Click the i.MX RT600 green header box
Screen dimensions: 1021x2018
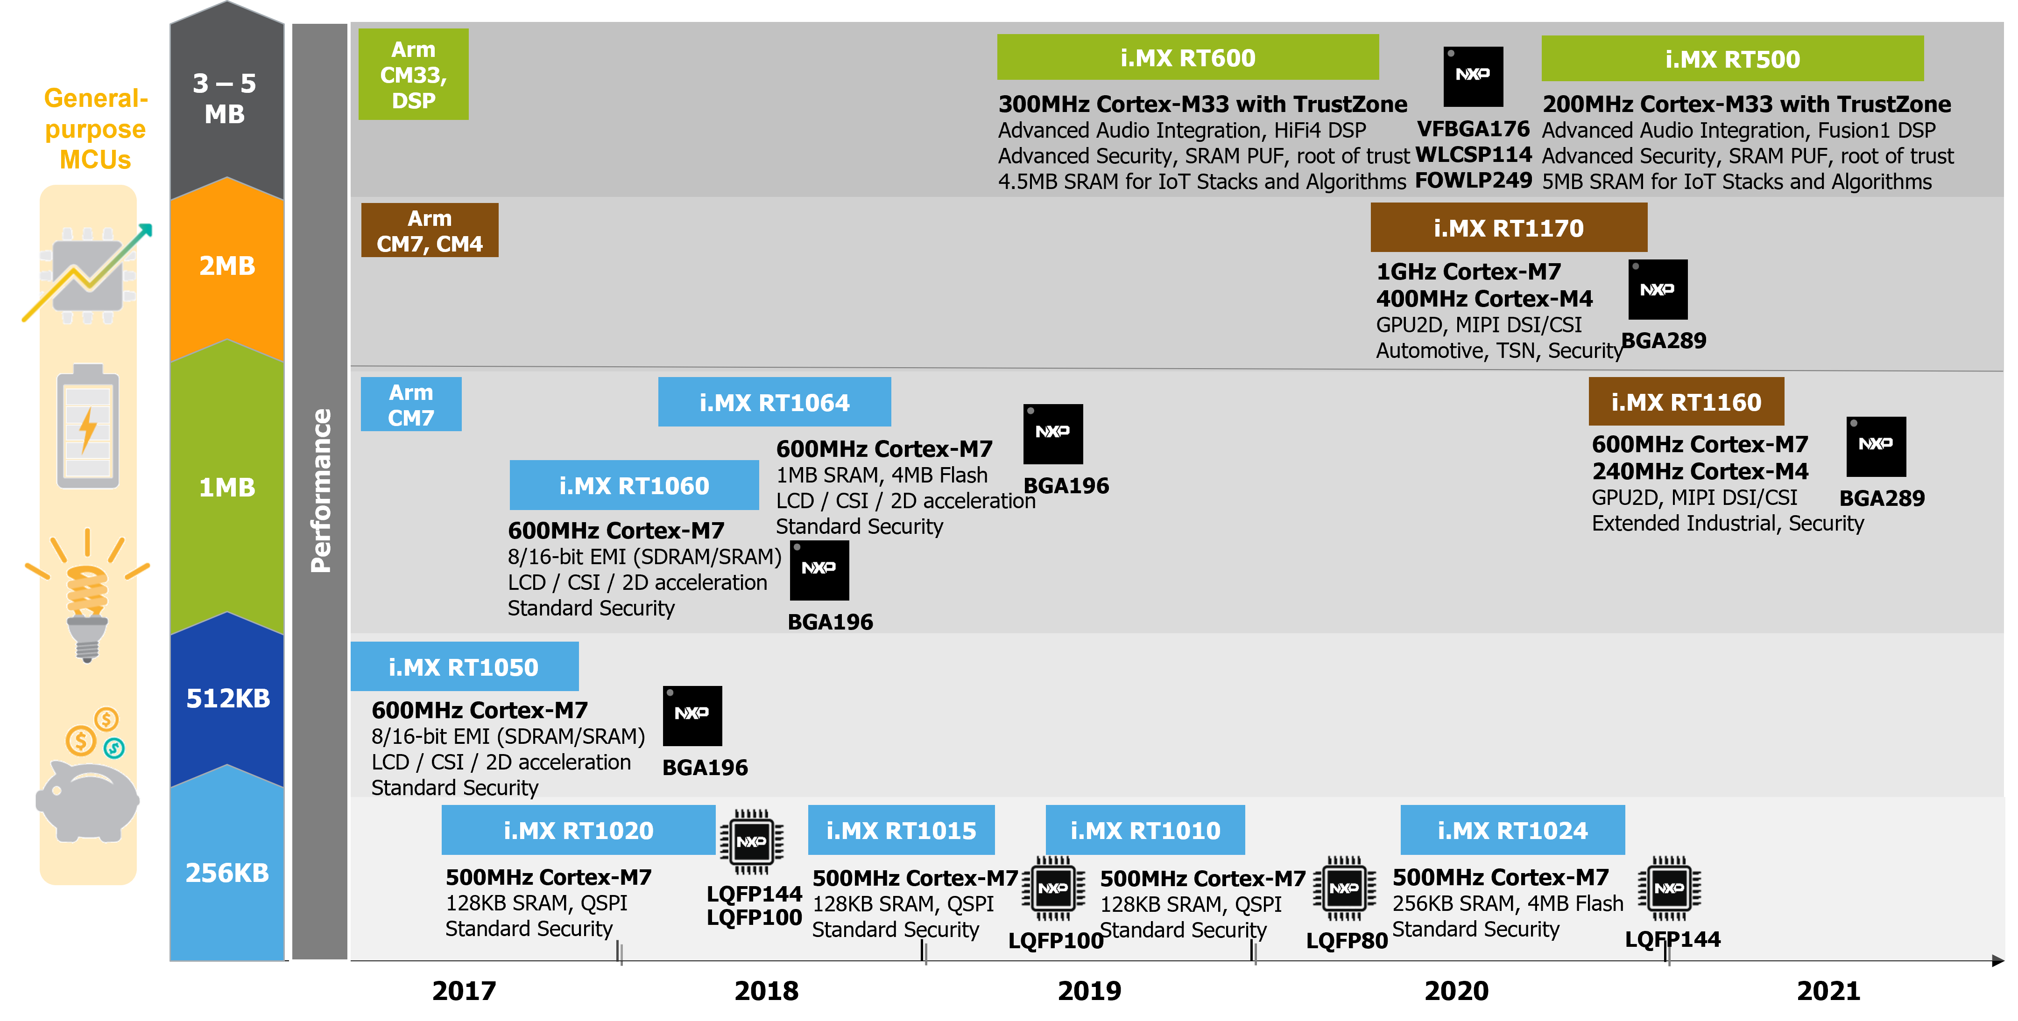click(1188, 57)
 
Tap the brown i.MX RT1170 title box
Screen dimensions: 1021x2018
click(1508, 228)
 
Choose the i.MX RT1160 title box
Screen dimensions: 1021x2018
click(1686, 402)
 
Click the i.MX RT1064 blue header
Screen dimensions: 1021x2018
click(774, 402)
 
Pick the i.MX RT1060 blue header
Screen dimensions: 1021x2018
click(634, 485)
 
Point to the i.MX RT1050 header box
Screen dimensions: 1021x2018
click(464, 667)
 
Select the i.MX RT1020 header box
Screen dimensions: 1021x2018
click(578, 830)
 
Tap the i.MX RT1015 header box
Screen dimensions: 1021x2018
click(901, 830)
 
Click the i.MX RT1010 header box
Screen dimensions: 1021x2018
click(1144, 830)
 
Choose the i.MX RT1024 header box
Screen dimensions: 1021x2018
click(1512, 830)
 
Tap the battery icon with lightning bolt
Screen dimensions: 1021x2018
click(88, 427)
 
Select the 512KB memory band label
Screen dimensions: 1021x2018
click(227, 698)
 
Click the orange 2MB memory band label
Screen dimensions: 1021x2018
click(227, 266)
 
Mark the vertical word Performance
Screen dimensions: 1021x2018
click(320, 491)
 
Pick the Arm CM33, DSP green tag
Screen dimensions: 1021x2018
click(413, 74)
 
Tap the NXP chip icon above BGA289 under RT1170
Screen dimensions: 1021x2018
click(1658, 290)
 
